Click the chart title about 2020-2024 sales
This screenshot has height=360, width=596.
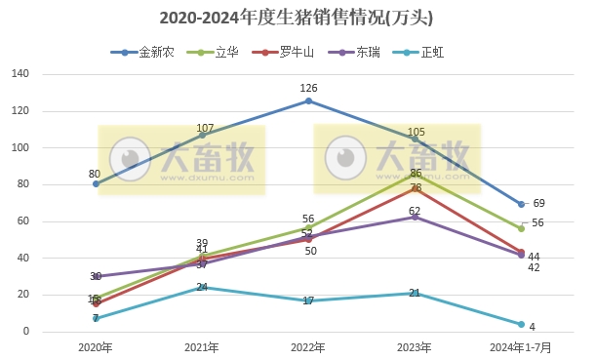pyautogui.click(x=297, y=18)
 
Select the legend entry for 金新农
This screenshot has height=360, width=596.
pyautogui.click(x=151, y=53)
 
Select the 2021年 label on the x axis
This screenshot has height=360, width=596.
pyautogui.click(x=202, y=346)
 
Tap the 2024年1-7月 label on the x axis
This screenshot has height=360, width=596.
pyautogui.click(x=521, y=346)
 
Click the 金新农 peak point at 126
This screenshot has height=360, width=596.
pyautogui.click(x=308, y=100)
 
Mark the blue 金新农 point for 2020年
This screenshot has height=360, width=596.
pyautogui.click(x=96, y=184)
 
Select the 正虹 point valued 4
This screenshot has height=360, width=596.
pyautogui.click(x=521, y=324)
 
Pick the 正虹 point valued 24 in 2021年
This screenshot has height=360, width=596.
pyautogui.click(x=202, y=288)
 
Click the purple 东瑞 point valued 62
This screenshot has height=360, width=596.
pyautogui.click(x=415, y=217)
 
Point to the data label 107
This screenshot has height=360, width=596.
pyautogui.click(x=205, y=129)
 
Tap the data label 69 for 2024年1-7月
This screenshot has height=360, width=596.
pyautogui.click(x=538, y=203)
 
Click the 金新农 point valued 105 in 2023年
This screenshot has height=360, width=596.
pyautogui.click(x=415, y=139)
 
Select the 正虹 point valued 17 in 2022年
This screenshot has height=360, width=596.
pyautogui.click(x=308, y=300)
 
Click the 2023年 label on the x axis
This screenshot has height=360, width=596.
pyautogui.click(x=415, y=346)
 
